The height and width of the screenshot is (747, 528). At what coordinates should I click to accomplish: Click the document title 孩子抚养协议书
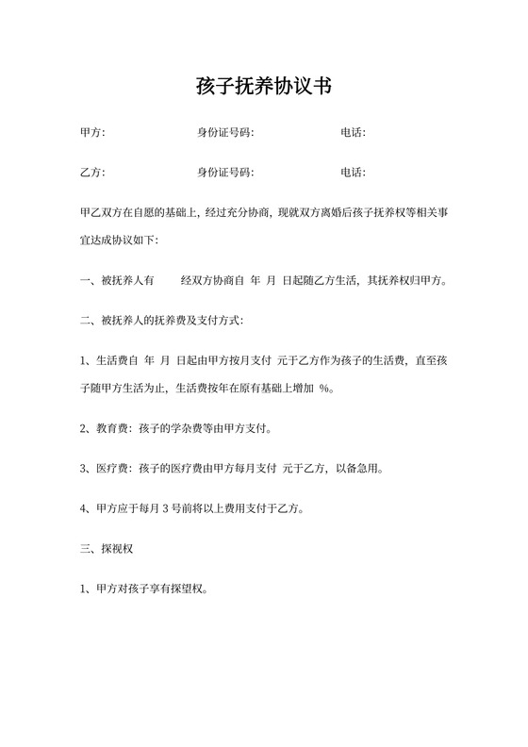(x=263, y=87)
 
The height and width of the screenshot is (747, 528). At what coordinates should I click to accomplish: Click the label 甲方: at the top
(x=93, y=133)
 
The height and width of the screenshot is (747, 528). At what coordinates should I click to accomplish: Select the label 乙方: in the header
(x=93, y=173)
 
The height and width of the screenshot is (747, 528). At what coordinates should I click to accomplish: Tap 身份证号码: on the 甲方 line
(x=225, y=133)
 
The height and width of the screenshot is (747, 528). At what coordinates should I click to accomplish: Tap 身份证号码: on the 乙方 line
(x=225, y=173)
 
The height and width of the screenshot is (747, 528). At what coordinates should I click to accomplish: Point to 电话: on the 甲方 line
(x=353, y=133)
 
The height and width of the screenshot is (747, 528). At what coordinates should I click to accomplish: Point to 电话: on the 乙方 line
(x=353, y=173)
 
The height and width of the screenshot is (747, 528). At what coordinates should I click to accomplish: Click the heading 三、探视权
(x=109, y=547)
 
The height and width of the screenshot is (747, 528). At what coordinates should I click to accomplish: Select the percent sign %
(x=325, y=388)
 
